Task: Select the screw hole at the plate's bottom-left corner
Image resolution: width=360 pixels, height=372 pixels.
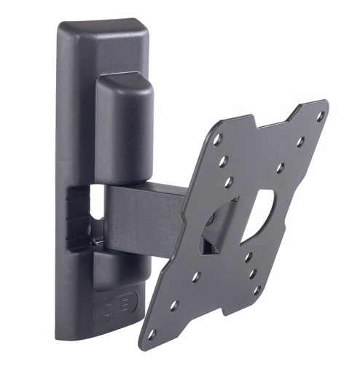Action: (x=152, y=333)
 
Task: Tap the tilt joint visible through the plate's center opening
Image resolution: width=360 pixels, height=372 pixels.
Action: (x=219, y=226)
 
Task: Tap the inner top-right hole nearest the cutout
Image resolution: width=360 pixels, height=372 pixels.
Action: (x=280, y=168)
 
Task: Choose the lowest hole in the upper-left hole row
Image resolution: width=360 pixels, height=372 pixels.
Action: (x=230, y=182)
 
